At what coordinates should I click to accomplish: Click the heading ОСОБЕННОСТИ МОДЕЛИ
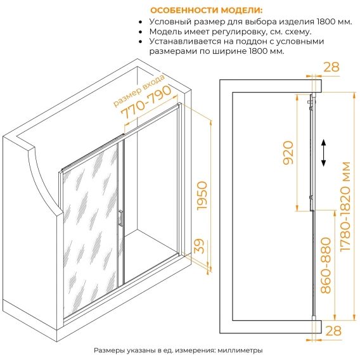(x=206, y=11)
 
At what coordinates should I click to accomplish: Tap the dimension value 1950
(x=202, y=195)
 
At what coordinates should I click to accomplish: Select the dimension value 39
(x=199, y=246)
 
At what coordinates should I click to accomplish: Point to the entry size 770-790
(x=146, y=103)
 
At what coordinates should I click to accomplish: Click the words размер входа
(x=139, y=91)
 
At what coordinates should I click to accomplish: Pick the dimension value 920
(x=288, y=153)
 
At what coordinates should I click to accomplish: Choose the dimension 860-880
(x=326, y=266)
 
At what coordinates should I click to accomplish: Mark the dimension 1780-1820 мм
(x=345, y=207)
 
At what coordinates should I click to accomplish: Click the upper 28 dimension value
(x=331, y=67)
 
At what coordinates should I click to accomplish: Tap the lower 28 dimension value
(x=333, y=331)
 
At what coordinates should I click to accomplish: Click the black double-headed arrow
(x=323, y=153)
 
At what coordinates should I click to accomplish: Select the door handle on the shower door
(x=120, y=218)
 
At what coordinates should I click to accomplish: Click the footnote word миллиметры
(x=240, y=350)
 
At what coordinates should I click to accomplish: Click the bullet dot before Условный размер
(x=141, y=22)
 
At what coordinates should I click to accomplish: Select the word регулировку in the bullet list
(x=239, y=32)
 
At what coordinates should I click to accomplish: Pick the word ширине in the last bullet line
(x=229, y=51)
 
